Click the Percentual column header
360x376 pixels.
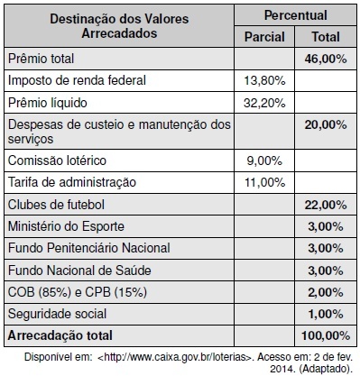tap(296, 15)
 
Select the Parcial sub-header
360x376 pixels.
tap(264, 37)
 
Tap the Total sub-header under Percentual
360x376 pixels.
tap(326, 37)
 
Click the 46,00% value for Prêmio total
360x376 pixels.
tap(326, 59)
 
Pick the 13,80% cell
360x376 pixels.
tap(264, 80)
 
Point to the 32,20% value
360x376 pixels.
tap(264, 103)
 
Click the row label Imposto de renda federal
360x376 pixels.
tap(77, 80)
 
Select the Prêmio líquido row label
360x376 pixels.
tap(48, 103)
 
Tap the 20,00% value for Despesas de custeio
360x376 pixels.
tap(326, 124)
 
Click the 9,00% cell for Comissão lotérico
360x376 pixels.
tap(264, 160)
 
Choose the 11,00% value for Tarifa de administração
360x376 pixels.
tap(264, 182)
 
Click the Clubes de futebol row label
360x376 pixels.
tap(56, 205)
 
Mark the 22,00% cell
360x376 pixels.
tap(326, 205)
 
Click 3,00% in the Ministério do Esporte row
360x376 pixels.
tap(326, 226)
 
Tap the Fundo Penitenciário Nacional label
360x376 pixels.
tap(89, 248)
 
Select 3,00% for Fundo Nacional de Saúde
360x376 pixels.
tap(326, 271)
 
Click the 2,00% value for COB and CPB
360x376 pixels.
tap(326, 292)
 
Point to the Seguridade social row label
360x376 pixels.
tap(57, 314)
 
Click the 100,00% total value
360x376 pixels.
tap(326, 335)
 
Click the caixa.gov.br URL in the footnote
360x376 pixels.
tap(174, 357)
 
